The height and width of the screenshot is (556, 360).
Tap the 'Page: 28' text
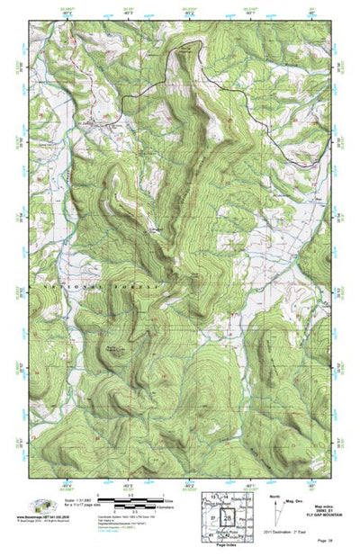(x=325, y=543)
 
